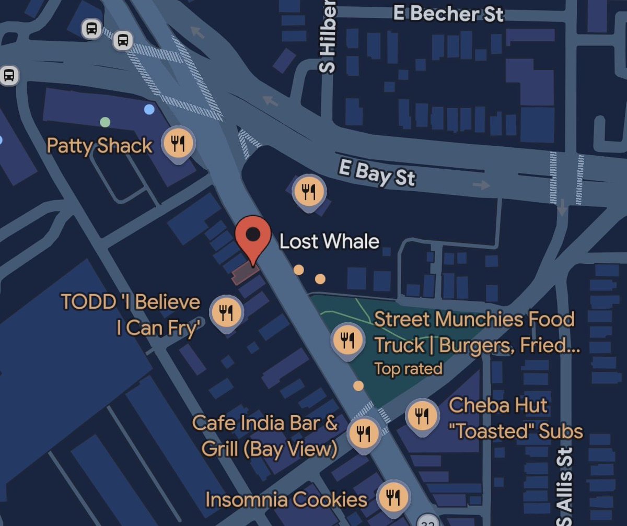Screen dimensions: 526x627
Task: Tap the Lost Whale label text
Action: click(x=329, y=241)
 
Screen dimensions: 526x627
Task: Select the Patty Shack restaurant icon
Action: click(x=179, y=143)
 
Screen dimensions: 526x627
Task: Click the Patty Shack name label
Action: click(x=99, y=145)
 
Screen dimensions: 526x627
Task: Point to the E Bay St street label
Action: click(x=377, y=173)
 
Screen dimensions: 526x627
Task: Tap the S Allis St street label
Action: click(x=565, y=486)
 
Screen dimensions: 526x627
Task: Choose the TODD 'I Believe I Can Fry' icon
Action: click(x=226, y=312)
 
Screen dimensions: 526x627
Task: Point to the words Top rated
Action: click(x=408, y=369)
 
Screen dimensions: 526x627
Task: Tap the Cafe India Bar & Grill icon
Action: click(x=364, y=433)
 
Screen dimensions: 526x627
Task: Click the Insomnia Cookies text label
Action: click(x=286, y=499)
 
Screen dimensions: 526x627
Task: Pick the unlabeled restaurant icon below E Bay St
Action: click(x=309, y=191)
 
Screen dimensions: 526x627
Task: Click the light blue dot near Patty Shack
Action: click(x=149, y=109)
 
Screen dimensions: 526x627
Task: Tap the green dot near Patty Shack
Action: click(x=105, y=122)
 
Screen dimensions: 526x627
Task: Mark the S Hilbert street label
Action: click(x=327, y=37)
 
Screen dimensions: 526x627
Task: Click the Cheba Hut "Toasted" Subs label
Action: click(x=515, y=418)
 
